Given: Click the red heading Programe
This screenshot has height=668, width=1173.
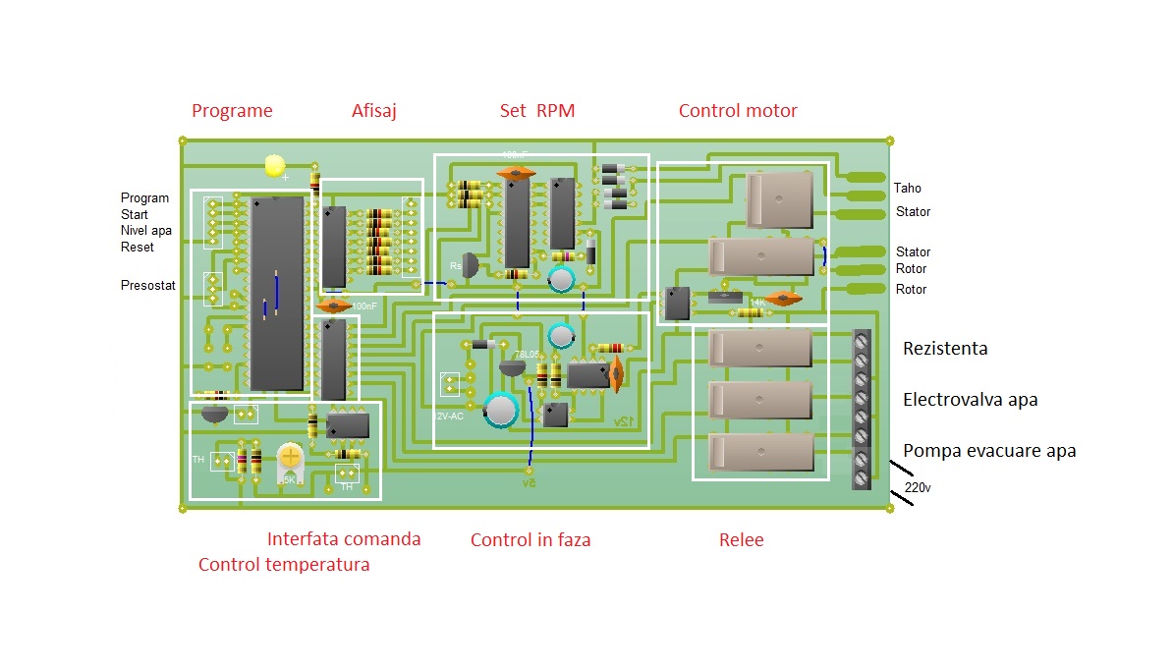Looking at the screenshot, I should pos(232,111).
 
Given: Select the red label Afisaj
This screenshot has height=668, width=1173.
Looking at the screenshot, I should pos(374,111).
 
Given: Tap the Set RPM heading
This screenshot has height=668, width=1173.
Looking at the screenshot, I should pos(536,111).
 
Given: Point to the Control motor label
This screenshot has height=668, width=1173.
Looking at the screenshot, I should pos(738,111).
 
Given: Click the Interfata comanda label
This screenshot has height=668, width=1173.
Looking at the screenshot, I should pos(344,539).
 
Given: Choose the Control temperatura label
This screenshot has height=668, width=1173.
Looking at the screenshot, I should pos(284,565).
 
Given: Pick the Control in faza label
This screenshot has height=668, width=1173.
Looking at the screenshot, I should pos(531,540).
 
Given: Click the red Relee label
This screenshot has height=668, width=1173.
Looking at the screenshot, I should pos(741,540).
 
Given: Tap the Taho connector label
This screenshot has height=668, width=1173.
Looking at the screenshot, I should pos(908,189).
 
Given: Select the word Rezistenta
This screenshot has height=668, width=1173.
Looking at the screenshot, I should pos(945,349).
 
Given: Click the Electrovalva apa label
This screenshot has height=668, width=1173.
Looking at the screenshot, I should pos(970,400).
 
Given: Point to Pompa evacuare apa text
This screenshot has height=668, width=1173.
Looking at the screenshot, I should pos(989,451).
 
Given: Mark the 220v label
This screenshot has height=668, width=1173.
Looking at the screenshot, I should pos(917,487).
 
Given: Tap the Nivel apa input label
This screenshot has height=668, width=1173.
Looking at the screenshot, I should pos(145,231).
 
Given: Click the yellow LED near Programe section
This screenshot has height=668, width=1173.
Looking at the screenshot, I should pos(275,166).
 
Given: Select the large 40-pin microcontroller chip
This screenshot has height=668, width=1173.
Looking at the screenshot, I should pos(276,293).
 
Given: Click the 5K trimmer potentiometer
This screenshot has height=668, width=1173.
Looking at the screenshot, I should pos(290,457).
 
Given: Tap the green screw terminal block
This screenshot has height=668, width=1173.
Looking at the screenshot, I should pos(862,409).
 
